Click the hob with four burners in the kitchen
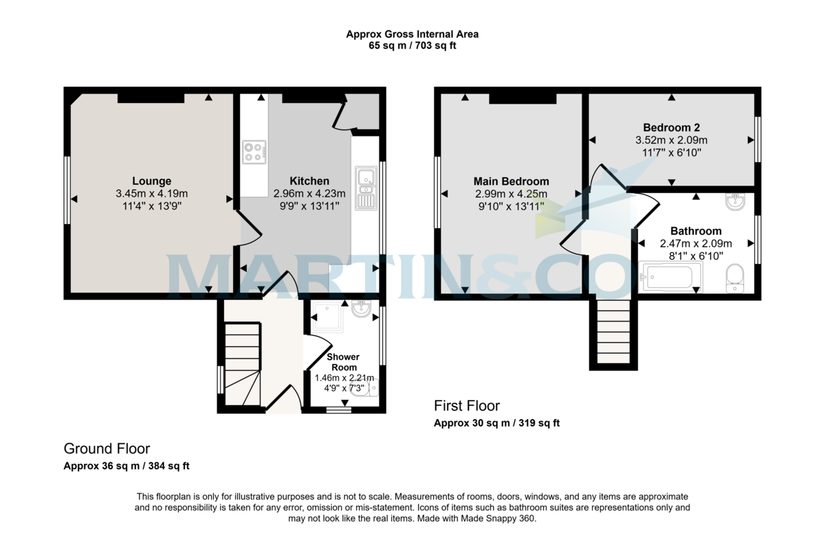click(254, 152)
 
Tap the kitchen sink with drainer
click(366, 188)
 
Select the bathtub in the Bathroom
click(671, 277)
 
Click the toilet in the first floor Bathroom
click(735, 278)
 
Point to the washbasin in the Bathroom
click(736, 202)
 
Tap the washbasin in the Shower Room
click(362, 309)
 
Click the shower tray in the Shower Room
click(328, 317)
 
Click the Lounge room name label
click(152, 181)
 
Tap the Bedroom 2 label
click(672, 128)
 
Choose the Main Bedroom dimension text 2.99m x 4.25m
click(511, 194)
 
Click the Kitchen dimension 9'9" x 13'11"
click(309, 206)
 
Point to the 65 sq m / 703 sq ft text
click(412, 45)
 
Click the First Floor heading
click(467, 406)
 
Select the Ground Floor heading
click(107, 449)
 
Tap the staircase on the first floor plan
click(613, 332)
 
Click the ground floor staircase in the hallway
click(243, 364)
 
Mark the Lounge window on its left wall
click(67, 190)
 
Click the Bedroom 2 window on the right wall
click(758, 139)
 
